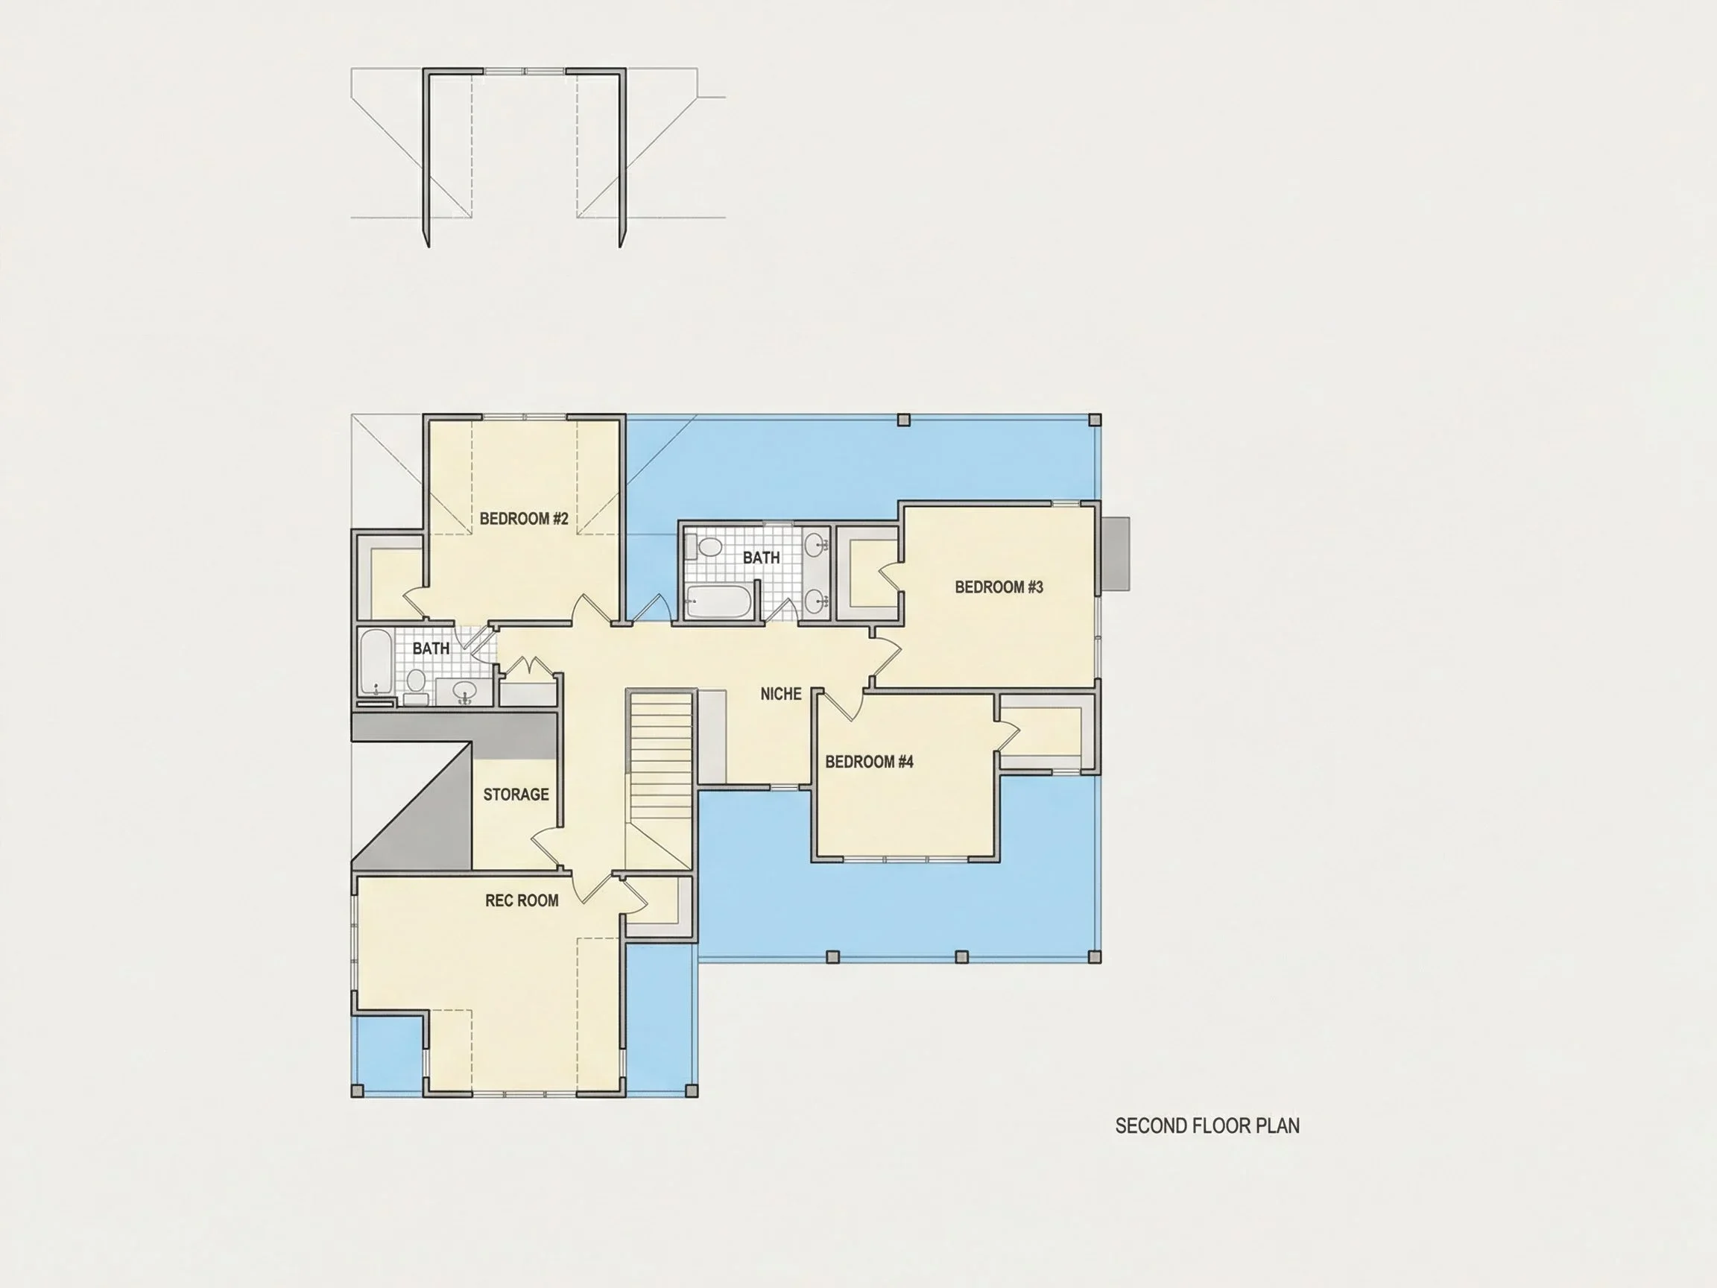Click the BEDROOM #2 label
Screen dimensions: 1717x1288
click(524, 519)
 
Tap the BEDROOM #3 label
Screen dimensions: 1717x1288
click(999, 587)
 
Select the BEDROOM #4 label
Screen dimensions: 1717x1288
click(870, 762)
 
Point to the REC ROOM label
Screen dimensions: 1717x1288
click(522, 900)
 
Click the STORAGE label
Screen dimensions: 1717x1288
click(516, 795)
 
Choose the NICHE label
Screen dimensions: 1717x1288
click(781, 694)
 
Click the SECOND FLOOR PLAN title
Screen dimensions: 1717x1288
click(1207, 1126)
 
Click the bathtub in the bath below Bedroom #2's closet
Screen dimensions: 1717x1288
click(376, 661)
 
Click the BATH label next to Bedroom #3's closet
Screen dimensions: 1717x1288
click(762, 558)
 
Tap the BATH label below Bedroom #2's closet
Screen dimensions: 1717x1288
click(431, 648)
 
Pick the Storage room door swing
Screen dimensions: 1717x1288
click(546, 847)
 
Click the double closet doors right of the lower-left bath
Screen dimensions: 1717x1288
click(528, 668)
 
